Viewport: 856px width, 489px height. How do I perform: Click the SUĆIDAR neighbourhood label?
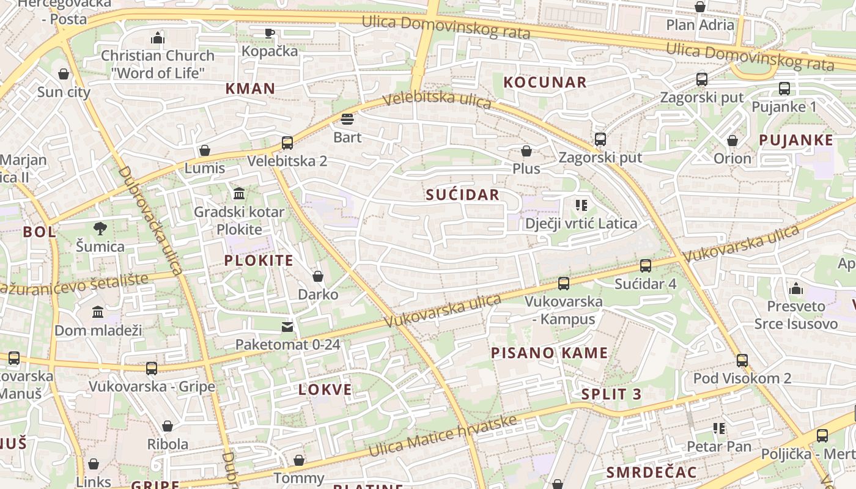pyautogui.click(x=462, y=195)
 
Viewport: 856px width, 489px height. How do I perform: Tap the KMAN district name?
pyautogui.click(x=250, y=89)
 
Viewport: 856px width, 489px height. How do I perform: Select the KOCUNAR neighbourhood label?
pyautogui.click(x=545, y=82)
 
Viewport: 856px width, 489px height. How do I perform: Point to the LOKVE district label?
pyautogui.click(x=325, y=389)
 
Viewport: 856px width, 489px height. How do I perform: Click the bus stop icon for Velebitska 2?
pyautogui.click(x=287, y=143)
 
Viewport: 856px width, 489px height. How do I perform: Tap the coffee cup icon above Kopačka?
pyautogui.click(x=269, y=33)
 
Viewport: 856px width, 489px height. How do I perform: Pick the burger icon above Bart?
pyautogui.click(x=347, y=119)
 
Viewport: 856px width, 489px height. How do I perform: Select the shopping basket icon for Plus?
pyautogui.click(x=526, y=150)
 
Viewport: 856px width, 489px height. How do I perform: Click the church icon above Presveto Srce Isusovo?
pyautogui.click(x=795, y=288)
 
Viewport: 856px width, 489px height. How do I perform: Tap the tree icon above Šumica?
pyautogui.click(x=100, y=229)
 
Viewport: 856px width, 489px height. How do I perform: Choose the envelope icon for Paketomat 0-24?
pyautogui.click(x=287, y=326)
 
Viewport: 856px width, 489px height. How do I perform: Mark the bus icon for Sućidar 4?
pyautogui.click(x=645, y=265)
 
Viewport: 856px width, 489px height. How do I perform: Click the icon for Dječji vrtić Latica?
pyautogui.click(x=581, y=205)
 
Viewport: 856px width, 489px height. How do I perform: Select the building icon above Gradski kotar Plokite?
pyautogui.click(x=239, y=194)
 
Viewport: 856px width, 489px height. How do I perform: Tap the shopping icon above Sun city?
pyautogui.click(x=64, y=74)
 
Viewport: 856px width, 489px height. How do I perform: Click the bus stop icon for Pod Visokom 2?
pyautogui.click(x=742, y=360)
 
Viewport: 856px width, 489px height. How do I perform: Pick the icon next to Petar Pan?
pyautogui.click(x=718, y=428)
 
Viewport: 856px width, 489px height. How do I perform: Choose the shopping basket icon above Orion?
pyautogui.click(x=732, y=141)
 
